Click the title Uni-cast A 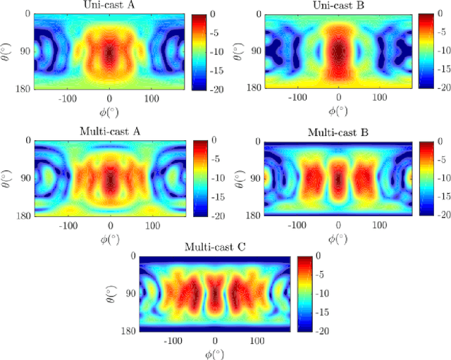109,6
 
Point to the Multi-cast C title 216,247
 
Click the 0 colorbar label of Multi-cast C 319,255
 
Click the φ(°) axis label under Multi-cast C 216,352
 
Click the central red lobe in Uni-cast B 339,53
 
